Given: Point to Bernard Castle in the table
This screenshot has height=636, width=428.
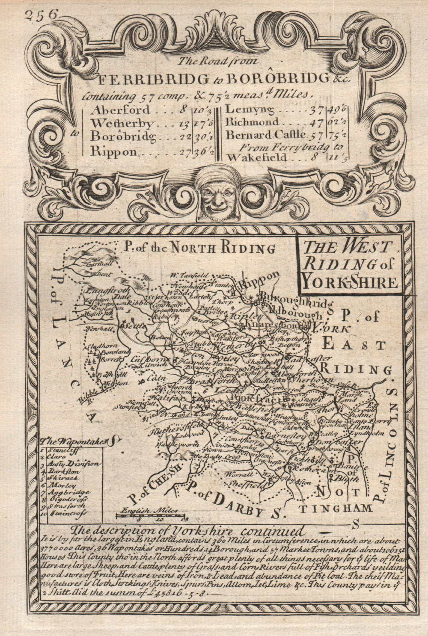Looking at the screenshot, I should (x=266, y=135).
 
